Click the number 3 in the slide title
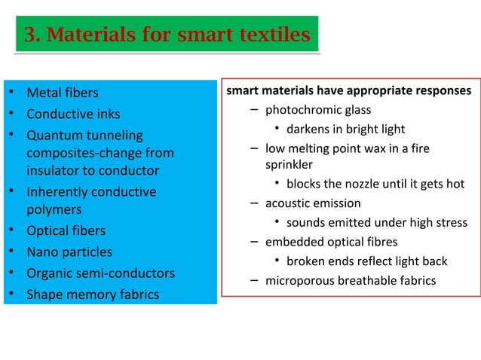(31, 35)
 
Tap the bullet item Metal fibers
(63, 94)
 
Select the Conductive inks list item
(73, 114)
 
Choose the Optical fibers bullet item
(66, 230)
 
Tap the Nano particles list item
(69, 252)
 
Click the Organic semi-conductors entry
(100, 273)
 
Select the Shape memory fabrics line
(93, 294)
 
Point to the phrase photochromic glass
(318, 110)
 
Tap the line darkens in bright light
(345, 129)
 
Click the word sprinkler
(289, 164)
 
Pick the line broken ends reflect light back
(366, 261)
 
